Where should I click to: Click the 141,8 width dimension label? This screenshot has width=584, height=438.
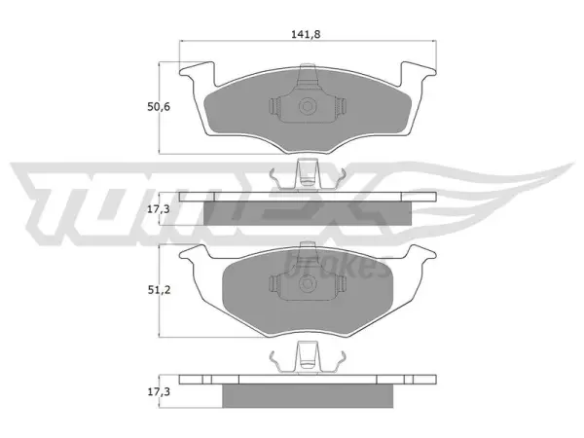pyautogui.click(x=306, y=35)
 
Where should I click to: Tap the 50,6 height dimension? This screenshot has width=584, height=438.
pyautogui.click(x=159, y=107)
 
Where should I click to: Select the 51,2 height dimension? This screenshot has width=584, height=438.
pyautogui.click(x=159, y=290)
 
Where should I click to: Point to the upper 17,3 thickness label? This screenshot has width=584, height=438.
pyautogui.click(x=159, y=209)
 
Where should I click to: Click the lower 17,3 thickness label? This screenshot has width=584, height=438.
pyautogui.click(x=159, y=392)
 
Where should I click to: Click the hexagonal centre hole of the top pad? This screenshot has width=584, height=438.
pyautogui.click(x=307, y=106)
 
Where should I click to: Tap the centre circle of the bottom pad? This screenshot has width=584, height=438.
pyautogui.click(x=307, y=284)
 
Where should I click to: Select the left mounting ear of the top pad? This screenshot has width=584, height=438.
pyautogui.click(x=197, y=73)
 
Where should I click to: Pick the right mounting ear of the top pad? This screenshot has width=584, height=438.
pyautogui.click(x=418, y=73)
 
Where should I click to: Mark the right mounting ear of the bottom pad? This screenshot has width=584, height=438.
pyautogui.click(x=421, y=252)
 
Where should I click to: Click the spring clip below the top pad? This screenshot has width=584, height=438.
pyautogui.click(x=308, y=174)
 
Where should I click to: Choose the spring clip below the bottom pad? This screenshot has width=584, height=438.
pyautogui.click(x=308, y=357)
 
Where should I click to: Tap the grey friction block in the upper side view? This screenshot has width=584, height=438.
pyautogui.click(x=308, y=213)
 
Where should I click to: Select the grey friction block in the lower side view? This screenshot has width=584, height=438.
pyautogui.click(x=308, y=396)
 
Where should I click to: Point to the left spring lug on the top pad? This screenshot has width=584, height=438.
pyautogui.click(x=274, y=107)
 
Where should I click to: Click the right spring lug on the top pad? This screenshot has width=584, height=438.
pyautogui.click(x=341, y=107)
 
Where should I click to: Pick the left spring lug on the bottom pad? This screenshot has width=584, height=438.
pyautogui.click(x=274, y=284)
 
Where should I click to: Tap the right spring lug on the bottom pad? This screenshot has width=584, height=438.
pyautogui.click(x=341, y=284)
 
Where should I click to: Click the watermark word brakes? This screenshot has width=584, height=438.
pyautogui.click(x=337, y=265)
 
